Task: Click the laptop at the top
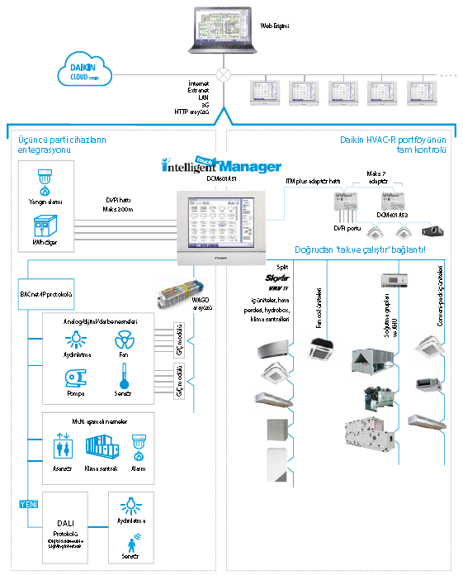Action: pyautogui.click(x=221, y=34)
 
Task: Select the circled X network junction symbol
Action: pyautogui.click(x=221, y=73)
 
